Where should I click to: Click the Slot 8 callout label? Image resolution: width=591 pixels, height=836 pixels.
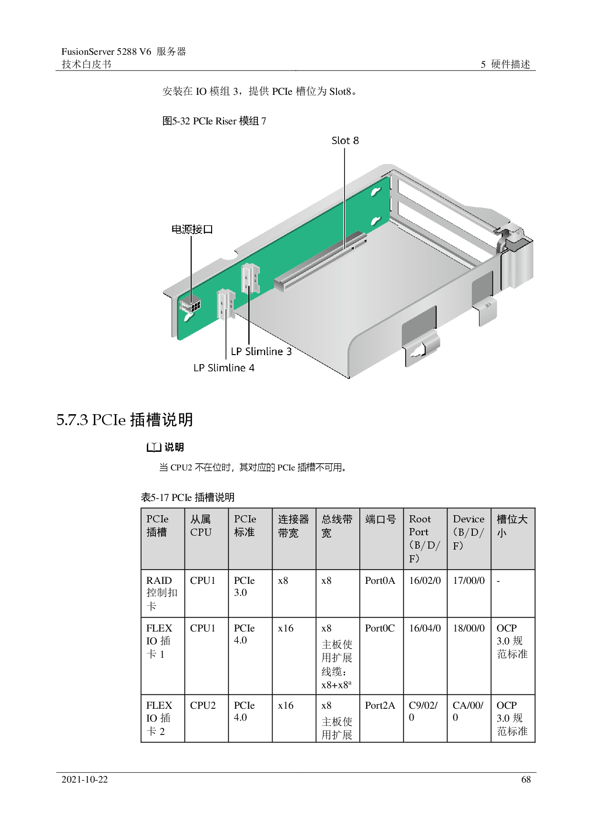345,141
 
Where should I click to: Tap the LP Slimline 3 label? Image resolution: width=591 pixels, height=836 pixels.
261,351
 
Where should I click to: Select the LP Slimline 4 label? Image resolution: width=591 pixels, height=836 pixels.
224,368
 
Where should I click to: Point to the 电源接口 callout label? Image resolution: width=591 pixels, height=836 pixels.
192,229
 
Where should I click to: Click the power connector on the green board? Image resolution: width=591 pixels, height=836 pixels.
191,305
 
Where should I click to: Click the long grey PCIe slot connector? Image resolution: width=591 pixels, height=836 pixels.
320,262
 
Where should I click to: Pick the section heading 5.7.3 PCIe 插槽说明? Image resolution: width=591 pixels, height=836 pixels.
125,419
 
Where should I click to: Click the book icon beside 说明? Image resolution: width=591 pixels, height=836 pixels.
153,447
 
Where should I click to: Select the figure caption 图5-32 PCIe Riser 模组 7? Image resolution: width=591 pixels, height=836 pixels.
214,121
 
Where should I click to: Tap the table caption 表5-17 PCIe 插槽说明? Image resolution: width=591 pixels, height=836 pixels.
188,497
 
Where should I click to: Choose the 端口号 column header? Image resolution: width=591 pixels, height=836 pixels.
381,519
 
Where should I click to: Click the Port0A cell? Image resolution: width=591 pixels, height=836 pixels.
380,581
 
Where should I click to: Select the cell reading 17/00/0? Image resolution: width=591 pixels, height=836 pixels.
469,581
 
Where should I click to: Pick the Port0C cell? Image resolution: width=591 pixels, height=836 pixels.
380,628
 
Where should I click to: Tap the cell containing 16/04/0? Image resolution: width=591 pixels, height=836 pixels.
425,628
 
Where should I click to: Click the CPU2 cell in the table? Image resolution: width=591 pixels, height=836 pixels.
203,705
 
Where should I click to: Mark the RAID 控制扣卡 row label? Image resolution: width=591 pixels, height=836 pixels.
162,593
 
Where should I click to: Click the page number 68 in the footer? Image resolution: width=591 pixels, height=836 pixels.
526,779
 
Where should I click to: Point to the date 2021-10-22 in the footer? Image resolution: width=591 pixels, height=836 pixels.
85,779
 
